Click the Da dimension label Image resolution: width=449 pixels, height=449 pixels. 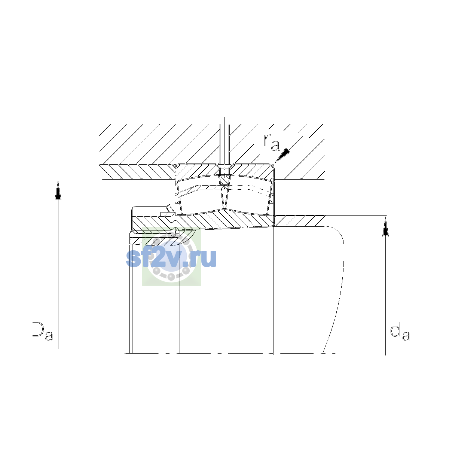(x=42, y=331)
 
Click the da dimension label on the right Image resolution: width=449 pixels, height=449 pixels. (x=400, y=331)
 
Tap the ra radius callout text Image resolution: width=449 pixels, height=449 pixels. (x=272, y=142)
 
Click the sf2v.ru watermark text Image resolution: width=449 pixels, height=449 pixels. (x=171, y=259)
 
